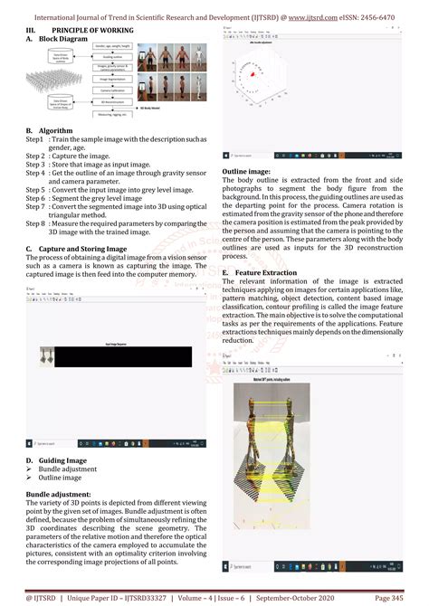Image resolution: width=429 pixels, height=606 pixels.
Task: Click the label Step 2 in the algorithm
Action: pos(34,156)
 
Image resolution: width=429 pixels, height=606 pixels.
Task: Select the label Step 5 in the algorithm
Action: pos(34,191)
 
